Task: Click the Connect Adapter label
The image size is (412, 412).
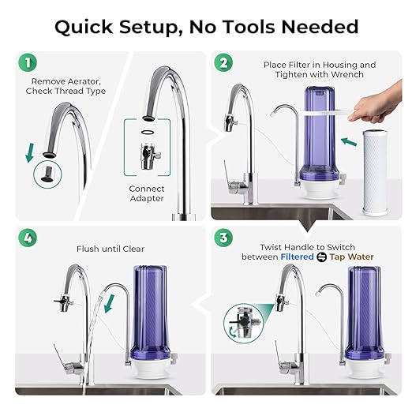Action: [x=147, y=193]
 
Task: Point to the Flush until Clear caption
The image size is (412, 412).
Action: [x=111, y=249]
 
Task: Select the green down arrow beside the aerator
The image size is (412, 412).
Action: [x=31, y=151]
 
